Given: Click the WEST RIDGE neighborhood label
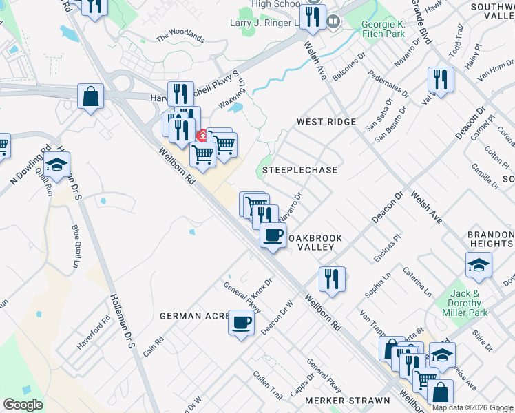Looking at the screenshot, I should click(326, 122).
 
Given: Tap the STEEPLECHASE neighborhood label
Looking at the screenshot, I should click(299, 170).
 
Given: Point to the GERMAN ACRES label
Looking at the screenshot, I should click(194, 316).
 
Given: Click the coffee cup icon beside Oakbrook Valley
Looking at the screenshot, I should click(273, 235).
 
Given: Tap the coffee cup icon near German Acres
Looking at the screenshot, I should click(240, 322).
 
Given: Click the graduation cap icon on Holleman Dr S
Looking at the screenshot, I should click(57, 166).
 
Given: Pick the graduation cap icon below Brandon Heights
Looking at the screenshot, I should click(479, 264).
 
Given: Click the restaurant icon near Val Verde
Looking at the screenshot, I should click(440, 79).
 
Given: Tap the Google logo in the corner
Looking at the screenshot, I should click(23, 405).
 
